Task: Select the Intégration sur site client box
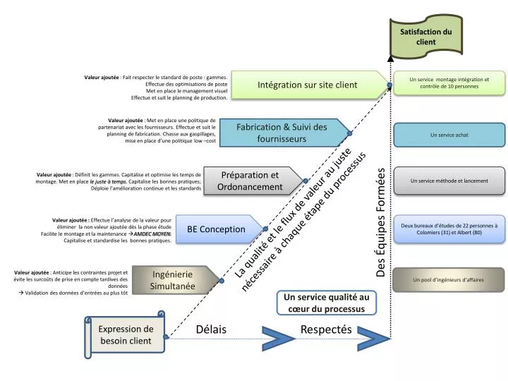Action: tap(308, 85)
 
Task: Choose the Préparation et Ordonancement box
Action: tap(251, 181)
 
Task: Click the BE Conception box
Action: tap(216, 229)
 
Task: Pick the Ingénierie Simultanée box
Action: tap(172, 279)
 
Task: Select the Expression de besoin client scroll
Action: tap(126, 334)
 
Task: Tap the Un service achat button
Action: tap(449, 135)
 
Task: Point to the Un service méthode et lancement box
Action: tap(449, 181)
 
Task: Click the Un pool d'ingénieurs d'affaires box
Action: tap(449, 279)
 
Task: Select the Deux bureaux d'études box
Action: tap(449, 229)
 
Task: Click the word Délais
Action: tap(211, 329)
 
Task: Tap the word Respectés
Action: tap(325, 329)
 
